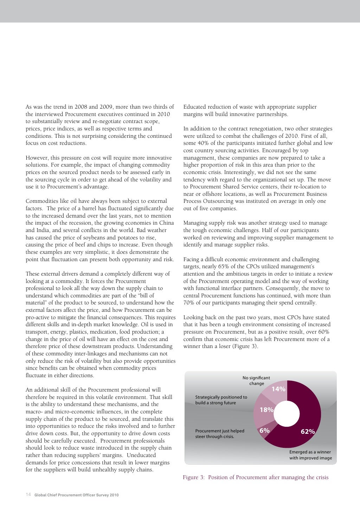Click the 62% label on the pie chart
308,432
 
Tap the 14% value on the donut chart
278,389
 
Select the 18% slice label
266,410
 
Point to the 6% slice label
264,431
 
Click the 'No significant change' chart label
256,381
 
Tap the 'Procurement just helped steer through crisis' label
220,434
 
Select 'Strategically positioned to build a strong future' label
221,400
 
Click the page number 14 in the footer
28,495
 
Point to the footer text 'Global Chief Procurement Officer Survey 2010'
77,495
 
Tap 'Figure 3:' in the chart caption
193,477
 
